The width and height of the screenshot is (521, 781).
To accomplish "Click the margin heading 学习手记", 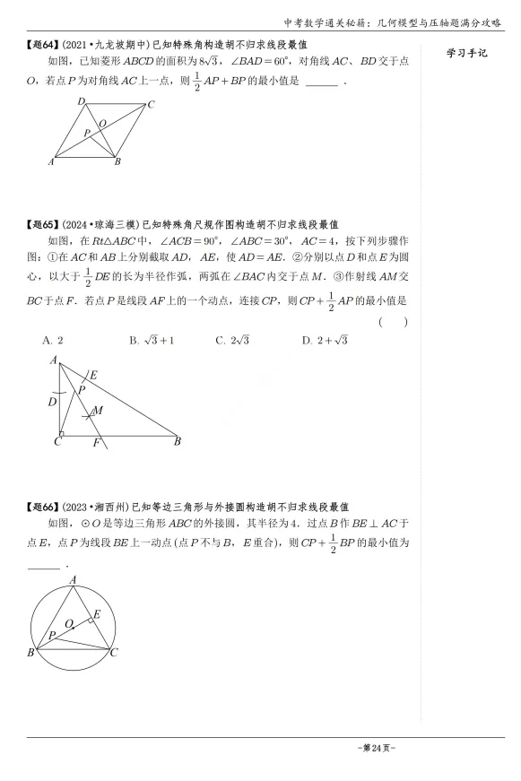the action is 466,54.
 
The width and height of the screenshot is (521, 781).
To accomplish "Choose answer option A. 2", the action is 53,340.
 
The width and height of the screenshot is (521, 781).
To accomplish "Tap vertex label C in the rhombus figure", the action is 152,104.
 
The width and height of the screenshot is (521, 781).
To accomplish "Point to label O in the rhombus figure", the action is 102,123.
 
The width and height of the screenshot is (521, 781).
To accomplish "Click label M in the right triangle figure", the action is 99,409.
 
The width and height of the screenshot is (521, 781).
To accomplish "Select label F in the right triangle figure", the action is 96,442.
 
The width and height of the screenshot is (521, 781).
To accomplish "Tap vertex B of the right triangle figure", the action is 178,441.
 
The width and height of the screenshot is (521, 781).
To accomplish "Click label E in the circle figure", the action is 97,613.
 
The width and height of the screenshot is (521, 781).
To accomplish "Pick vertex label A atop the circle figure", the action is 73,580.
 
